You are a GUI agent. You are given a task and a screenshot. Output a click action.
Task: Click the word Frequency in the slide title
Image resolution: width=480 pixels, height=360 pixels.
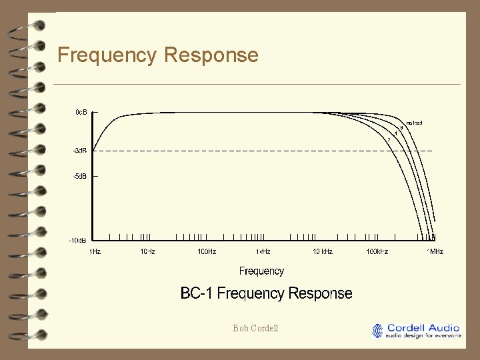tap(107, 55)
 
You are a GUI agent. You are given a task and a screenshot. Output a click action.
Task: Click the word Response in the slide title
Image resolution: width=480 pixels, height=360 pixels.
tap(211, 55)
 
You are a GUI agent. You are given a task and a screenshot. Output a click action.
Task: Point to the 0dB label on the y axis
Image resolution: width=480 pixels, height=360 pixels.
tap(80, 112)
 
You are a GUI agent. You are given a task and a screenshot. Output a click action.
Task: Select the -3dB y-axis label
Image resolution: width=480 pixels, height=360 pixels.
tap(79, 151)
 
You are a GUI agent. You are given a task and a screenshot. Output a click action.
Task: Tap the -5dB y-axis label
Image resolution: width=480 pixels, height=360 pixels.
tap(79, 177)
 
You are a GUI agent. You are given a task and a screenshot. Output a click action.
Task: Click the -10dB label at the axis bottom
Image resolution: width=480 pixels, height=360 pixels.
tap(78, 239)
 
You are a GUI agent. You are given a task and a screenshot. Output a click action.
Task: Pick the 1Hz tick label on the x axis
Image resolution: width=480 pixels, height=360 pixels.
tap(95, 252)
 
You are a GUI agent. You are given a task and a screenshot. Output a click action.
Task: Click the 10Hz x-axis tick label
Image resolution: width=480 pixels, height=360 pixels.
tap(147, 252)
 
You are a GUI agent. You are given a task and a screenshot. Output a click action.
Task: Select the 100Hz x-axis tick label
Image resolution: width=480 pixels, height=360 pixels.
tap(206, 252)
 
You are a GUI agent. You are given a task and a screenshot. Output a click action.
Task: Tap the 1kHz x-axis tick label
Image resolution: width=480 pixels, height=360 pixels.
tap(263, 252)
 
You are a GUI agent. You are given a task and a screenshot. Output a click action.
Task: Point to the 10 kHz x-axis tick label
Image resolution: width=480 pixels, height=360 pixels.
tap(323, 252)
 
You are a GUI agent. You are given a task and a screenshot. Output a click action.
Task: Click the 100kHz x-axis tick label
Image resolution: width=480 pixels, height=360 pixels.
tap(377, 252)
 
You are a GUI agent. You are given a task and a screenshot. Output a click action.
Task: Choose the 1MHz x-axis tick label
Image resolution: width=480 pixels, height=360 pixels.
tap(435, 252)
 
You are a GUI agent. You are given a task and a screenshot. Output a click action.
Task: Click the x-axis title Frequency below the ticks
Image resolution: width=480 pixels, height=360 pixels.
tap(261, 271)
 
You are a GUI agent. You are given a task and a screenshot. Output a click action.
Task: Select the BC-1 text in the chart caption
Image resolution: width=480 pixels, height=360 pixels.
tap(197, 293)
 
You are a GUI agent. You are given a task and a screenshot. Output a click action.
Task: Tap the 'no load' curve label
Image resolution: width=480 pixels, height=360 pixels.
tap(414, 123)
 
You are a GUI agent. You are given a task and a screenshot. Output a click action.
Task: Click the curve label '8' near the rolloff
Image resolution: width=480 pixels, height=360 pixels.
tap(401, 128)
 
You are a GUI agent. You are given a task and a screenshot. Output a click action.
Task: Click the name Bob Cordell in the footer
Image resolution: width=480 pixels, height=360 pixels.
tap(256, 328)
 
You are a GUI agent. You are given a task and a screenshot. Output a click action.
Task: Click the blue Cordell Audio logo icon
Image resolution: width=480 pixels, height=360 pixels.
tap(378, 331)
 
